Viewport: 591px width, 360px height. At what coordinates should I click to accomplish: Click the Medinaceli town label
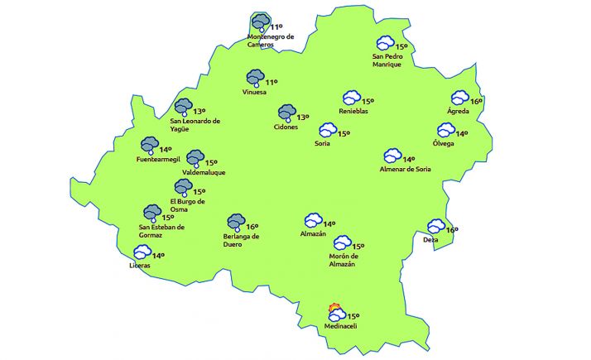[x=340, y=329]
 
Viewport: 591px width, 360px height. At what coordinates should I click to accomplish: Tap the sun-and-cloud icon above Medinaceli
[x=336, y=312]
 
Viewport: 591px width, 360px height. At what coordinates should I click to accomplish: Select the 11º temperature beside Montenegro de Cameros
[x=276, y=27]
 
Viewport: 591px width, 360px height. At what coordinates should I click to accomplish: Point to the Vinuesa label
[x=255, y=92]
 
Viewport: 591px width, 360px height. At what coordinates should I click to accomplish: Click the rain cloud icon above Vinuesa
[x=255, y=78]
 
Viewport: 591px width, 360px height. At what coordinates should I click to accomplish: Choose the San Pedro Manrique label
[x=387, y=60]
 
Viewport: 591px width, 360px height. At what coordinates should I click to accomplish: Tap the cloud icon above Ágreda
[x=459, y=98]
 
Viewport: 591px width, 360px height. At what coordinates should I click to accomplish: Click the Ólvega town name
[x=444, y=143]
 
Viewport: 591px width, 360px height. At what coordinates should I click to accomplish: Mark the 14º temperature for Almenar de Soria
[x=409, y=159]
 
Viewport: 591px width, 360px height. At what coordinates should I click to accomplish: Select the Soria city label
[x=323, y=143]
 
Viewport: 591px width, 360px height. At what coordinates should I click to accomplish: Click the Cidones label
[x=286, y=127]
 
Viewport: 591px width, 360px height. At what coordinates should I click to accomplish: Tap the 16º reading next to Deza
[x=452, y=229]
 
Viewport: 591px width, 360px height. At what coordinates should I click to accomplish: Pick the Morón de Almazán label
[x=336, y=260]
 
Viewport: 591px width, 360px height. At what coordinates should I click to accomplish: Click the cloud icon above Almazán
[x=313, y=220]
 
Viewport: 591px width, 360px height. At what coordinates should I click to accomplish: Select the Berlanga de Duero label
[x=243, y=240]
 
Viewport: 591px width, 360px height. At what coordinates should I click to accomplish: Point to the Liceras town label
[x=141, y=266]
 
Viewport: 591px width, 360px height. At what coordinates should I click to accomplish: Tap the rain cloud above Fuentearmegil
[x=150, y=146]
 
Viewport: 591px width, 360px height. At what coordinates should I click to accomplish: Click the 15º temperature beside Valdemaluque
[x=211, y=162]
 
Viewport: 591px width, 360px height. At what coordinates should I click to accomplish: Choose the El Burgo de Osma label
[x=187, y=204]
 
